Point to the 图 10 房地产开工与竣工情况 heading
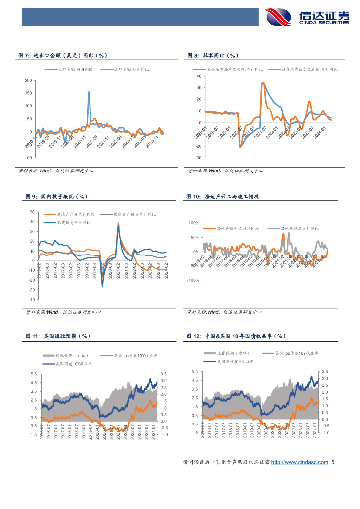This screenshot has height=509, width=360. pos(222,197)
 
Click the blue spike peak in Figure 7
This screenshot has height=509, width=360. pos(89,92)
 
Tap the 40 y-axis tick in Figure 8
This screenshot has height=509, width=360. pos(198,76)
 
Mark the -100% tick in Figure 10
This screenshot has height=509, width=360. pos(193,280)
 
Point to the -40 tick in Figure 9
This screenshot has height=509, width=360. pos(32,300)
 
